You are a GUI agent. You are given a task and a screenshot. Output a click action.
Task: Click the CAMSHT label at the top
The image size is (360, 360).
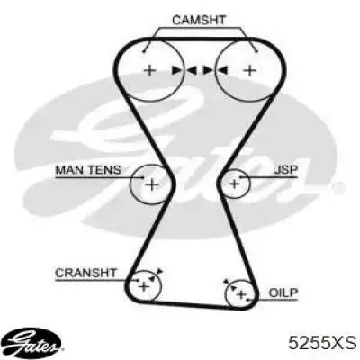pyautogui.click(x=199, y=20)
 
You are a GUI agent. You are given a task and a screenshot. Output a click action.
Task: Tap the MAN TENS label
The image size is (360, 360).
pyautogui.click(x=88, y=170)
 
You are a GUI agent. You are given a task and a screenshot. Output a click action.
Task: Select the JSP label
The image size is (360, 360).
pyautogui.click(x=286, y=170)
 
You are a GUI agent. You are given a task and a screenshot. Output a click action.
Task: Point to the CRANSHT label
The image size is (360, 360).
pyautogui.click(x=85, y=273)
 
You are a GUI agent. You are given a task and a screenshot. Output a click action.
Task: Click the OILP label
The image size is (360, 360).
pyautogui.click(x=283, y=292)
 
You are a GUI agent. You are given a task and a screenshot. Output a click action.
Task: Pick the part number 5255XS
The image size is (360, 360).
pyautogui.click(x=322, y=342)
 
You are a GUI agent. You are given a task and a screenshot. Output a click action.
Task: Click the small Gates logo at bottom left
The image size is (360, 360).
pyautogui.click(x=34, y=342)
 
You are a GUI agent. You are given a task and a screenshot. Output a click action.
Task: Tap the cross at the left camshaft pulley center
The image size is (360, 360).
pyautogui.click(x=150, y=71)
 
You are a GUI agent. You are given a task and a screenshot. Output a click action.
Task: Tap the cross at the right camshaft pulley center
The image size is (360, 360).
pyautogui.click(x=249, y=71)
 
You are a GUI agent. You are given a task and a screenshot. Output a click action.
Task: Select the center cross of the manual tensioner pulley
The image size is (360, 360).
pyautogui.click(x=152, y=184)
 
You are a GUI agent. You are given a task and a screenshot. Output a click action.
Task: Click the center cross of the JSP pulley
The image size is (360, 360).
pyautogui.click(x=234, y=184)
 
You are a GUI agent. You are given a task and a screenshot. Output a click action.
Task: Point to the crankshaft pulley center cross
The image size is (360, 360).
pyautogui.click(x=144, y=287)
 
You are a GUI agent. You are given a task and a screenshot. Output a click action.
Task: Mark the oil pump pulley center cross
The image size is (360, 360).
pyautogui.click(x=241, y=294)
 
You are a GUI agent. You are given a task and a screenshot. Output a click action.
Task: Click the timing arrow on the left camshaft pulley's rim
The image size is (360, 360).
pyautogui.click(x=177, y=70)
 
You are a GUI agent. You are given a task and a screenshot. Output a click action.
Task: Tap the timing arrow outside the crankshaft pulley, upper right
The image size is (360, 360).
pyautogui.click(x=159, y=270)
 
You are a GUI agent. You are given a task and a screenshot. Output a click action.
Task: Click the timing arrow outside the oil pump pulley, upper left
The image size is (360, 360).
pyautogui.click(x=226, y=282)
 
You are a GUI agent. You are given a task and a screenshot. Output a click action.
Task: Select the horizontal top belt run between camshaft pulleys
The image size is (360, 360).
pyautogui.click(x=201, y=39)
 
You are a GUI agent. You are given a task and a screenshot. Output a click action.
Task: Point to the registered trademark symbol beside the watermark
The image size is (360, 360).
pyautogui.click(x=338, y=187)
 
